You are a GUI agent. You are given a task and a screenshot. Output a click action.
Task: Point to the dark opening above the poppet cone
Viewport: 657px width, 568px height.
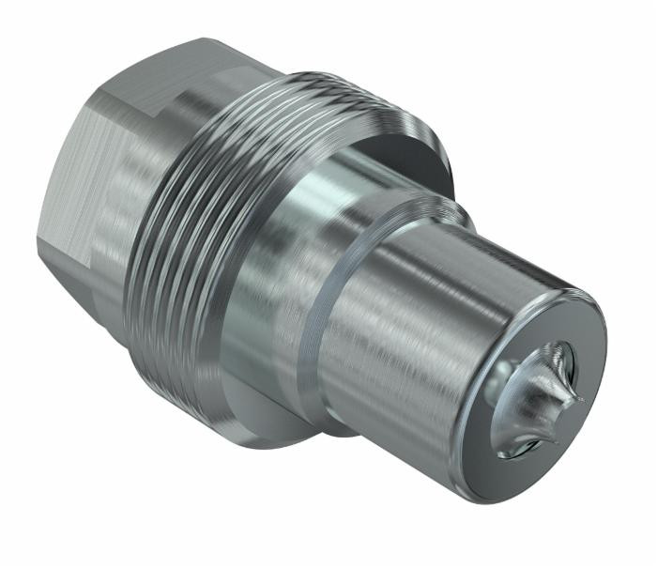point(555,352)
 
